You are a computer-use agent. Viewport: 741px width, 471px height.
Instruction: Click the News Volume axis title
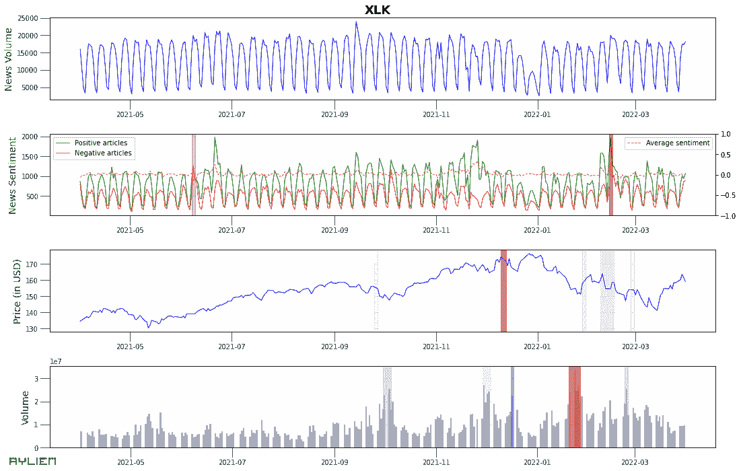(x=9, y=59)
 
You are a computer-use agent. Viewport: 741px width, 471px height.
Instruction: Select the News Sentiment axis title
(x=11, y=175)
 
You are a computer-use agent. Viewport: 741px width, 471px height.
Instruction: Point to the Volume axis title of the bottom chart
(x=26, y=408)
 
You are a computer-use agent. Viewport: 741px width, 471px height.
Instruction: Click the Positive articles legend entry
(x=100, y=143)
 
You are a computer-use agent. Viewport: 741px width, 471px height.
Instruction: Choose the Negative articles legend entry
(x=102, y=153)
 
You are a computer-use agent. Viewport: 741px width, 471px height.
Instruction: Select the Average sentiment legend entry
(x=677, y=143)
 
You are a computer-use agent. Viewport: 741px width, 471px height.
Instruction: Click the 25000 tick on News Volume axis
(x=32, y=18)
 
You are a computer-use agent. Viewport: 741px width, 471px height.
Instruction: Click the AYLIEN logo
(x=32, y=462)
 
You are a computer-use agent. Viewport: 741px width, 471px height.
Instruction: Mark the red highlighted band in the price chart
(x=503, y=291)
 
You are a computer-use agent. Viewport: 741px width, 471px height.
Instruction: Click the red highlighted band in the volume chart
(x=574, y=407)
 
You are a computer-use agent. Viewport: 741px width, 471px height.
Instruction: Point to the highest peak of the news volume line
(x=356, y=22)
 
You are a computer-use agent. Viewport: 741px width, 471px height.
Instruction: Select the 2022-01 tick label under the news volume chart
(x=537, y=114)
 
